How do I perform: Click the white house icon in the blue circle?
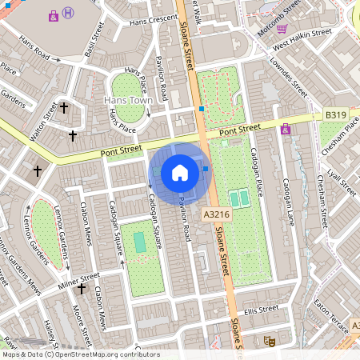pyautogui.click(x=180, y=172)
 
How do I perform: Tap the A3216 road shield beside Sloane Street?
pyautogui.click(x=216, y=214)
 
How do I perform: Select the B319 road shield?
pyautogui.click(x=336, y=116)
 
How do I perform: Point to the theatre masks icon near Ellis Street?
pyautogui.click(x=270, y=340)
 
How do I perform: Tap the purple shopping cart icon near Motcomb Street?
pyautogui.click(x=282, y=28)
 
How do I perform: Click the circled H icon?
pyautogui.click(x=70, y=13)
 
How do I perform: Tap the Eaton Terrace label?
pyautogui.click(x=330, y=313)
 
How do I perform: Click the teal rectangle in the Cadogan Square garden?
pyautogui.click(x=140, y=241)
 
